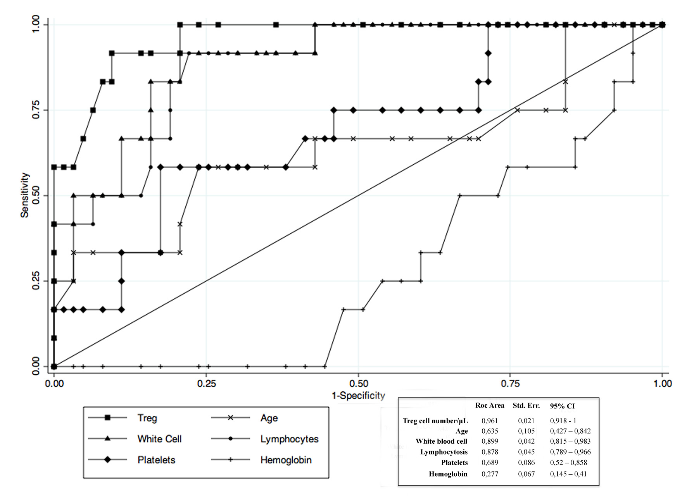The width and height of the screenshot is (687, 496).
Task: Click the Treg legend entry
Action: click(147, 418)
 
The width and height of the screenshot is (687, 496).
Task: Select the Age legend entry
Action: click(269, 418)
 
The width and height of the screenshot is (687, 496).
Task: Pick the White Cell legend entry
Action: click(159, 439)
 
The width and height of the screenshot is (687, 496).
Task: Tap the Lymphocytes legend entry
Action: click(289, 439)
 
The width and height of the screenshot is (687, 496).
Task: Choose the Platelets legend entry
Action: click(156, 460)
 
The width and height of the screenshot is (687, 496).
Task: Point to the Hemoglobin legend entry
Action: click(286, 460)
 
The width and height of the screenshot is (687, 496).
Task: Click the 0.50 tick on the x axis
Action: click(358, 383)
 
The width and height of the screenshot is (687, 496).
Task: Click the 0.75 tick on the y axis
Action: click(36, 110)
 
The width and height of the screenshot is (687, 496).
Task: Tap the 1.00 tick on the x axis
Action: click(662, 383)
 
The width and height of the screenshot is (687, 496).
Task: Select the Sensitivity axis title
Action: click(25, 195)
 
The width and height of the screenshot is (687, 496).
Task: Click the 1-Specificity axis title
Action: click(358, 395)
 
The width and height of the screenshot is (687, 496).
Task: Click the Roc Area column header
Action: click(490, 405)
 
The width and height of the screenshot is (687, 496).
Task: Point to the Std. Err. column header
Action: click(526, 405)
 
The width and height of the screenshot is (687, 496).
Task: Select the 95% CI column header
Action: click(562, 406)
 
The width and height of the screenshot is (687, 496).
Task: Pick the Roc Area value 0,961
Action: click(490, 420)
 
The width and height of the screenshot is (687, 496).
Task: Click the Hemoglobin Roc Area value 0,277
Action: click(490, 474)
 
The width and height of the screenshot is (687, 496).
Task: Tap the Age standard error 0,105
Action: click(526, 431)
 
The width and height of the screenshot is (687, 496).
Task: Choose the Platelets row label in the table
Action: click(454, 462)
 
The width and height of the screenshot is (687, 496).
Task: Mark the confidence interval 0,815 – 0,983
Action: click(570, 441)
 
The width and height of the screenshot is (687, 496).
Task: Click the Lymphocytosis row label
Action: click(444, 452)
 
